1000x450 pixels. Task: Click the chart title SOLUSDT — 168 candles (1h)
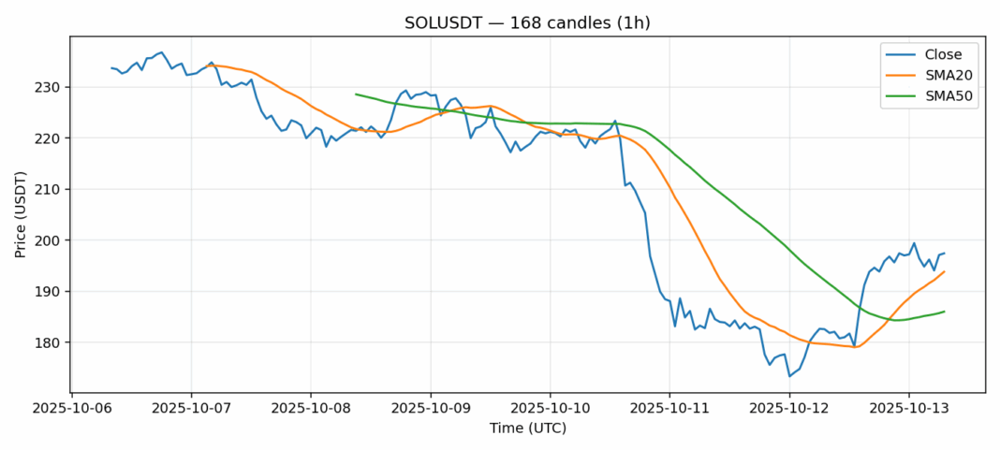pos(527,22)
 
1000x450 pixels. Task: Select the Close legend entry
pos(936,54)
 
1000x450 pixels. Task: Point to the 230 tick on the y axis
pos(49,87)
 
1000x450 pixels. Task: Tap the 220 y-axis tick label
pos(49,138)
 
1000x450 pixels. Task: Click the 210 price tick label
pos(49,189)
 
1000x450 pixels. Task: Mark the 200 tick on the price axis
pos(49,240)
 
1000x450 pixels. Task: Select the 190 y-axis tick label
pos(49,292)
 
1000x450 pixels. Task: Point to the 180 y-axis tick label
pos(49,342)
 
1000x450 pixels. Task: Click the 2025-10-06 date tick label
pos(71,409)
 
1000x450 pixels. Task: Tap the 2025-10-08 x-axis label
pos(311,409)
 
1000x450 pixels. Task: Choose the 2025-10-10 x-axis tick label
pos(550,409)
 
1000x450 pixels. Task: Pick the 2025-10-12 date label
pos(789,409)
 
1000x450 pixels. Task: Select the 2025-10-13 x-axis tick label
pos(909,409)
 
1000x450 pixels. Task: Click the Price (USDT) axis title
pos(20,214)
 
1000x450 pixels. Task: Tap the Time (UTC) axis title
pos(527,428)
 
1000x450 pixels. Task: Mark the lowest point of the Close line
pos(789,376)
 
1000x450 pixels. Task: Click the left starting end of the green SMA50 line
pos(356,94)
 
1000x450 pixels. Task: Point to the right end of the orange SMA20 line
pos(944,271)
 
